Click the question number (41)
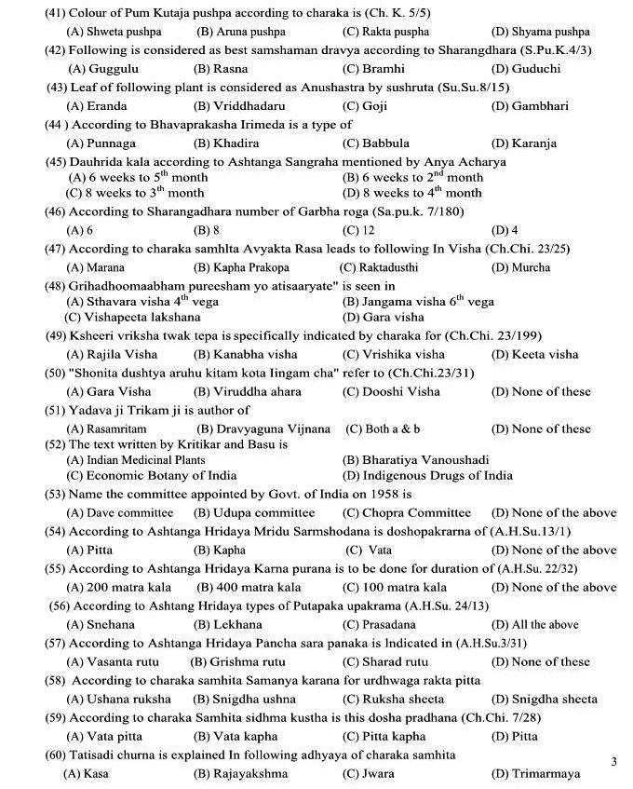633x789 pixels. [32, 13]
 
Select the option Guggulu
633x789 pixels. [103, 69]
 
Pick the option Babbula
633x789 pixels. [375, 143]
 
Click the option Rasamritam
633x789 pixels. [106, 429]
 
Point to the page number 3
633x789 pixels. [613, 762]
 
